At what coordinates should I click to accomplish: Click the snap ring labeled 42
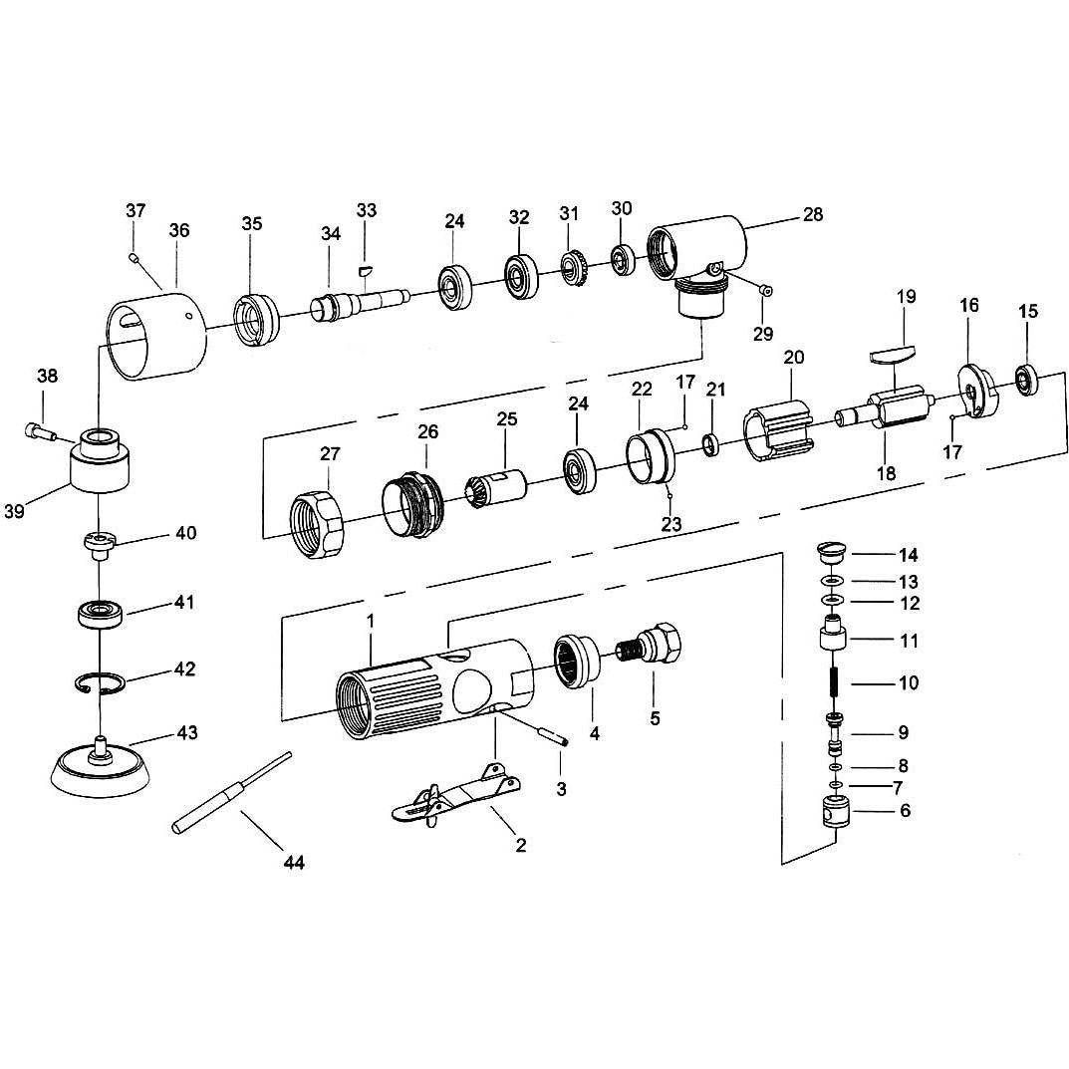(101, 683)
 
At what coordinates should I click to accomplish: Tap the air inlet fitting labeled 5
(654, 647)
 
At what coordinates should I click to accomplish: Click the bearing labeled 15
(1025, 378)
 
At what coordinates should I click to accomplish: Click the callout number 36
(178, 229)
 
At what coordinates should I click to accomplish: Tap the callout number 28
(813, 214)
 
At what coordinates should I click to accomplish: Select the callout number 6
(905, 811)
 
